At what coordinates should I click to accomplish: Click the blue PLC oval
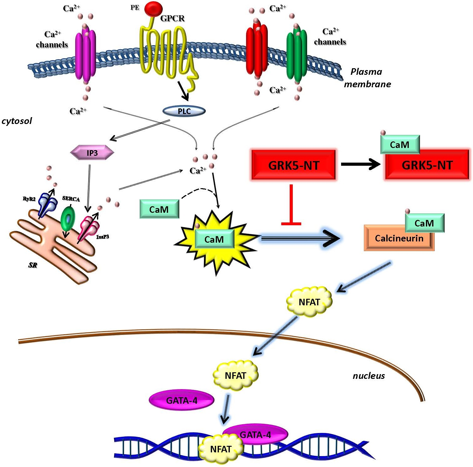(x=184, y=111)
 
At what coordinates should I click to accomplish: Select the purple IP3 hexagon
(x=92, y=153)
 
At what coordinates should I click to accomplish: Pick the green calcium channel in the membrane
(x=297, y=56)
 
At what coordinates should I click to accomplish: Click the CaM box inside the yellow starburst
(x=214, y=239)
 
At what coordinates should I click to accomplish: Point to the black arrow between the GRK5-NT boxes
(x=360, y=164)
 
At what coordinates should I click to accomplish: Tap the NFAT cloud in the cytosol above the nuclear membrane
(x=309, y=302)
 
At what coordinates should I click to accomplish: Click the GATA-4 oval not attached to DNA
(x=181, y=400)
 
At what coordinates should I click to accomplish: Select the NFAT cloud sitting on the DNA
(x=221, y=449)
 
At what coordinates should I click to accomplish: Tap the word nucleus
(x=369, y=376)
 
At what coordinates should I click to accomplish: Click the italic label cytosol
(x=17, y=121)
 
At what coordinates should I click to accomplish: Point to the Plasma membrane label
(x=367, y=78)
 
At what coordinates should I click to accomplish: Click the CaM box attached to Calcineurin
(x=424, y=223)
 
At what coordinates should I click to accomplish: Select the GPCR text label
(x=172, y=18)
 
